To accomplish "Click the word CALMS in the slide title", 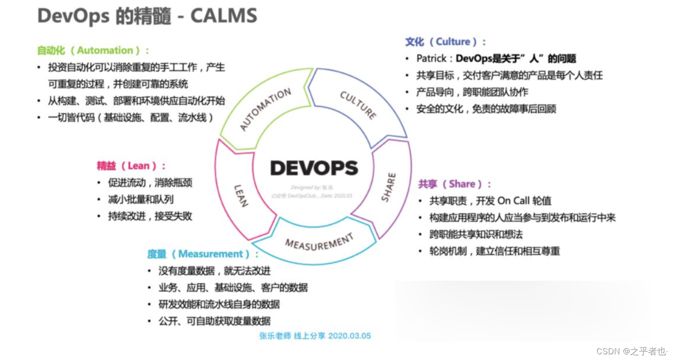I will [224, 16].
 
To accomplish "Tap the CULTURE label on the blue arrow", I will [358, 105].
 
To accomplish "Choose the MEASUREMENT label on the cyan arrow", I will [319, 242].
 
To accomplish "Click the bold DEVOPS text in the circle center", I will [314, 168].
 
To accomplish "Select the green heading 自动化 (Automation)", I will [93, 51].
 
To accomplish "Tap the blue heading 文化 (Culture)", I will [445, 42].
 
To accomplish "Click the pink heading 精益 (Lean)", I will [131, 166].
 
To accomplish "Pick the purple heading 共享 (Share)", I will [455, 184].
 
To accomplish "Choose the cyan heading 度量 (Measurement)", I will [203, 254].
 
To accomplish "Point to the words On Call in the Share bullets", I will [513, 201].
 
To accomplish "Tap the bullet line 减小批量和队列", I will [141, 199].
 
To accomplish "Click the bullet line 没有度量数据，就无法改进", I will [215, 271].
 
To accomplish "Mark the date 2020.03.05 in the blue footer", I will [349, 336].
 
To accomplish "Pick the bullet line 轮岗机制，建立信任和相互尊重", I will [494, 251].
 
